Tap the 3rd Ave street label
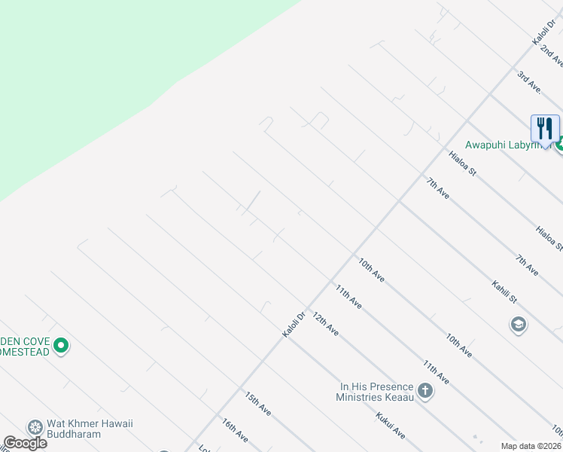(530, 81)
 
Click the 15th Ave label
(257, 403)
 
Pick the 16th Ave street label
(235, 430)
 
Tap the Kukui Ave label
(391, 426)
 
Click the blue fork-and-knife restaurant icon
(545, 128)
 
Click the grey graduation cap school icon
(518, 325)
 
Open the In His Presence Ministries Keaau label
(376, 391)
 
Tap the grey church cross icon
(425, 390)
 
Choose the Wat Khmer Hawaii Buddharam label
(90, 429)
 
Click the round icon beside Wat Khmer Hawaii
(35, 428)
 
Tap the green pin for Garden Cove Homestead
(62, 346)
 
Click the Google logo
(25, 443)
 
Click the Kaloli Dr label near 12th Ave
(294, 325)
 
